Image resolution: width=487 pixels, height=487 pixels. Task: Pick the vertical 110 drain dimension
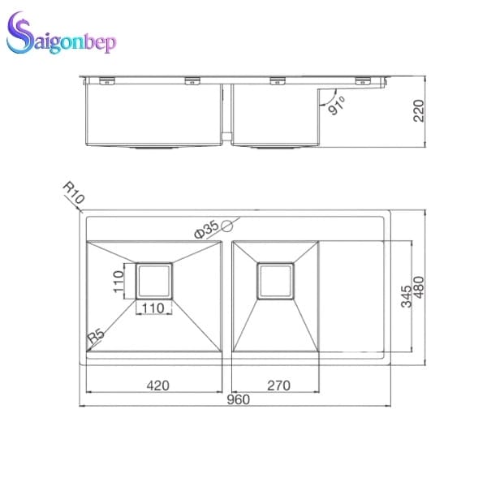coord(119,281)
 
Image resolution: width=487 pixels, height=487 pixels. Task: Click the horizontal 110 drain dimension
coord(154,308)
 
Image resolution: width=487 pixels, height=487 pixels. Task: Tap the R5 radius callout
coord(95,334)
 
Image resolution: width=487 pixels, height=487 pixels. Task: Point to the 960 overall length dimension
coord(238,399)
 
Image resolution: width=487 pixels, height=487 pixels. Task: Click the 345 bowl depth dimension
coord(406,295)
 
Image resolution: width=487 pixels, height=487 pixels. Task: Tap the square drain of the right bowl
coord(277,281)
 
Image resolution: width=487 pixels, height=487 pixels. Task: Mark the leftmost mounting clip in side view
coord(106,80)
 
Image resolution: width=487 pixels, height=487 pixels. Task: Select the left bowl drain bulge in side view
coord(154,149)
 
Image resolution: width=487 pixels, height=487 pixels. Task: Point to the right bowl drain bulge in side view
coord(276,149)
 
